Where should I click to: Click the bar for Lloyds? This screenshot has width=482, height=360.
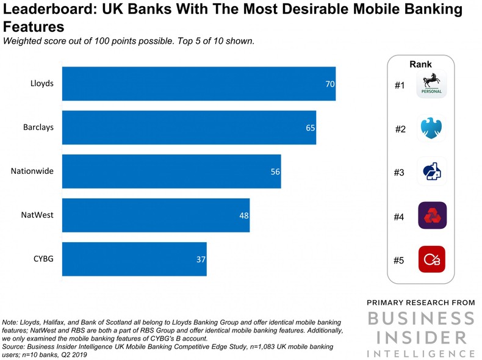198,84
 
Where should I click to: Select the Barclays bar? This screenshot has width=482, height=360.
189,128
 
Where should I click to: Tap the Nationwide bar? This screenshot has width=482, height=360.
171,171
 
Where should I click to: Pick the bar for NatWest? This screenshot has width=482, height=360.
156,215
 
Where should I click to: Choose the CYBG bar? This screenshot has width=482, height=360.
134,259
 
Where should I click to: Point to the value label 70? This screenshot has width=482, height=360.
329,84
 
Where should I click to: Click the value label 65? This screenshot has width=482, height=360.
311,128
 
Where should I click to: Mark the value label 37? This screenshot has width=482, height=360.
201,259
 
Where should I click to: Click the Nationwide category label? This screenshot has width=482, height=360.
32,171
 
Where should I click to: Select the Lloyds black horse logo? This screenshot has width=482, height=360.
432,84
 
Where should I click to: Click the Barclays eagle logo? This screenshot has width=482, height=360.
432,129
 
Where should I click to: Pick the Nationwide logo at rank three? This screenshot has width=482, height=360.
432,173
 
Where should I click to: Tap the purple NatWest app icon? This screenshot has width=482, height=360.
432,216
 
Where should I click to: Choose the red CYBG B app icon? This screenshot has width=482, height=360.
432,259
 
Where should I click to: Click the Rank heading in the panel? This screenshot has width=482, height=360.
420,65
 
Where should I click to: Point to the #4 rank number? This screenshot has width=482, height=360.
399,217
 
